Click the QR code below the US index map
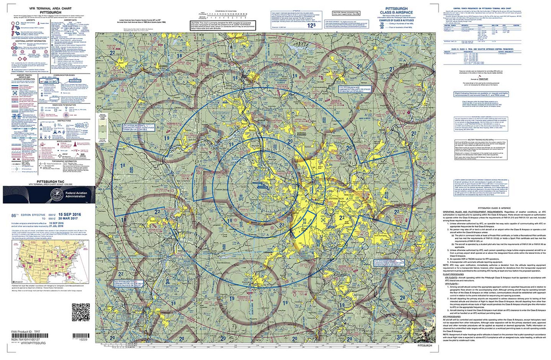(x=78, y=309)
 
